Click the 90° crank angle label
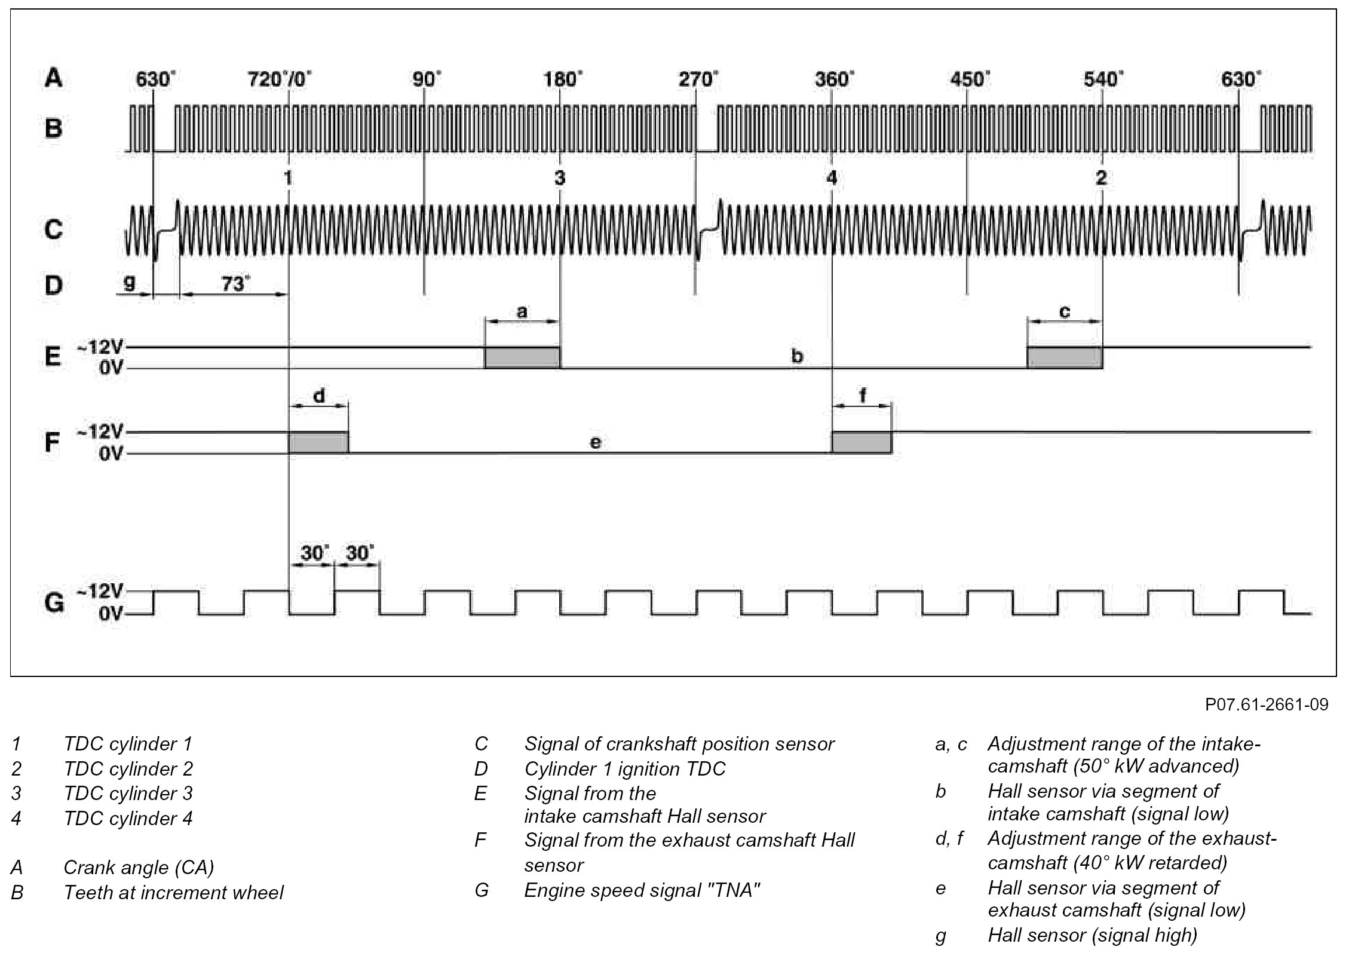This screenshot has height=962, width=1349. [427, 79]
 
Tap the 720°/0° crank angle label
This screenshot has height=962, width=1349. [280, 79]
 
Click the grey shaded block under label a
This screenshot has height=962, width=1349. [522, 358]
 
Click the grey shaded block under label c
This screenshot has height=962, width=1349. [1065, 358]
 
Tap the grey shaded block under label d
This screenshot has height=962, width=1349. [318, 443]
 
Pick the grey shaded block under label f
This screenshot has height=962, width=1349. [861, 443]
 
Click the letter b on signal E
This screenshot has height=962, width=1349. [797, 357]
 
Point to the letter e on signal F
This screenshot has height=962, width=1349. [595, 442]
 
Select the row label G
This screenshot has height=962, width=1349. [54, 603]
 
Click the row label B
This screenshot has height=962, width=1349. [53, 128]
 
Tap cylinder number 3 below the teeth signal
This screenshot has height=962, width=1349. [559, 177]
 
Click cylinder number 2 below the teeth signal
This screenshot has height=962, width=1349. [1101, 177]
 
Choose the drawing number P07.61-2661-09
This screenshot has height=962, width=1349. [1267, 705]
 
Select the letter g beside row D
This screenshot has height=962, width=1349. [129, 283]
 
